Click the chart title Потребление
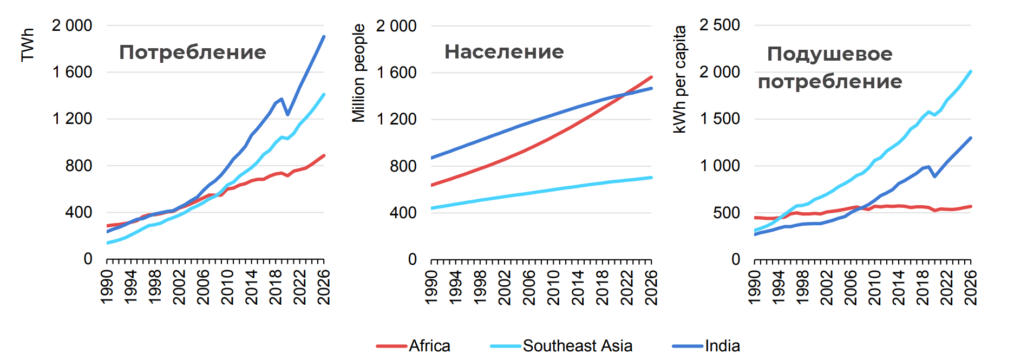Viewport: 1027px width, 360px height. click(192, 53)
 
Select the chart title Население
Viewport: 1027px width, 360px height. click(504, 52)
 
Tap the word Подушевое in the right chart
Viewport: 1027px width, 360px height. click(829, 54)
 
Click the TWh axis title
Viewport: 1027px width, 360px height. click(28, 45)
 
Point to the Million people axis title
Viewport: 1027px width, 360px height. click(358, 73)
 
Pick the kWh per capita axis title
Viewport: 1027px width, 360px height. click(679, 79)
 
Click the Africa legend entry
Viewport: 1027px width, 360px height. click(429, 346)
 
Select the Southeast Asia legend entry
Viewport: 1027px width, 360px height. click(577, 346)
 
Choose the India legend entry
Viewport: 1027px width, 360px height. click(722, 346)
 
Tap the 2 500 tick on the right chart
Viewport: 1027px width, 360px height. click(719, 25)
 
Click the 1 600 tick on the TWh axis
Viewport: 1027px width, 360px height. click(72, 72)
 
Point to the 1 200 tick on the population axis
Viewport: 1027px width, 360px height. click(396, 119)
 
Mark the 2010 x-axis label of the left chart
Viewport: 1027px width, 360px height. click(227, 287)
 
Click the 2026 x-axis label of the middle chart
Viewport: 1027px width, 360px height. click(651, 287)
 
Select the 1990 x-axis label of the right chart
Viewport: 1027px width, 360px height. click(754, 287)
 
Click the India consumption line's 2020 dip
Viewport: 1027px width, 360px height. click(287, 114)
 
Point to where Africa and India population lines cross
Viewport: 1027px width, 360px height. click(625, 94)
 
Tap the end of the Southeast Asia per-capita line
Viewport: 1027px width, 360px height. click(971, 71)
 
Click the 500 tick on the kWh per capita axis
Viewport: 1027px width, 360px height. click(726, 213)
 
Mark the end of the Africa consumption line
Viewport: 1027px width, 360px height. click(324, 156)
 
